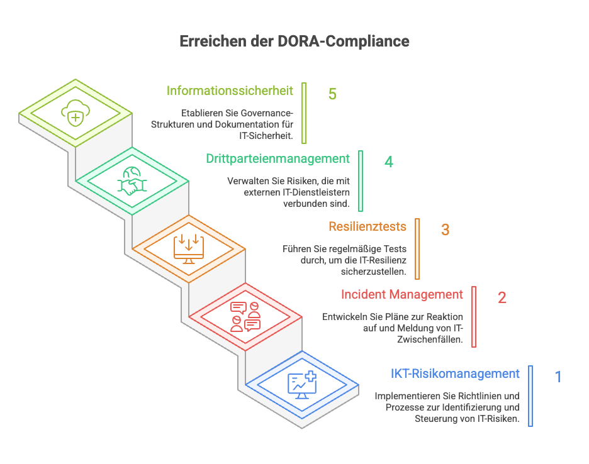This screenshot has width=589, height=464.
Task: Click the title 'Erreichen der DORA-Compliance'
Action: click(x=294, y=41)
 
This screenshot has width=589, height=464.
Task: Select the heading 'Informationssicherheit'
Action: click(x=230, y=91)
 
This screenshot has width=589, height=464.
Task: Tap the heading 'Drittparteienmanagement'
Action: click(x=278, y=158)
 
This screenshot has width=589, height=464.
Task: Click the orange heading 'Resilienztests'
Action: click(x=367, y=226)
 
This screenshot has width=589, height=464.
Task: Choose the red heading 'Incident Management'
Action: click(x=401, y=294)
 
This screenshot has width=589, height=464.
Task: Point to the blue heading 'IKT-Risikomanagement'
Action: click(x=455, y=373)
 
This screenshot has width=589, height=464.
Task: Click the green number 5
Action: click(x=332, y=94)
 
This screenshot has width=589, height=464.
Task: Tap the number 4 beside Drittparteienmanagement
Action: click(x=389, y=162)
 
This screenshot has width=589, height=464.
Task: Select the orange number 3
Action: click(x=445, y=229)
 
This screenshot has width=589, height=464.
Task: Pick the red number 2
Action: click(x=502, y=297)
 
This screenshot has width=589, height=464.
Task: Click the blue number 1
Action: click(x=558, y=377)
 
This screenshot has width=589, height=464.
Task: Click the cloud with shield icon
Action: click(x=75, y=114)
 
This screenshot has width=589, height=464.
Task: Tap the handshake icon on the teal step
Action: click(x=132, y=181)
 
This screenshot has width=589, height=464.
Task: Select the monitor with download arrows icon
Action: click(x=188, y=248)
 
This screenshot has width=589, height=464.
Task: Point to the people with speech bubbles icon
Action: click(x=245, y=316)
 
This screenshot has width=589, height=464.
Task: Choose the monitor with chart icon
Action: click(x=301, y=384)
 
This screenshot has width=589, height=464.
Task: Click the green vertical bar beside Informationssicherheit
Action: click(x=304, y=113)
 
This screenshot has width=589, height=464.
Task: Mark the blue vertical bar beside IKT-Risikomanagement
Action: click(x=530, y=395)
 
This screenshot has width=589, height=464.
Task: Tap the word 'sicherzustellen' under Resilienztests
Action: click(x=373, y=272)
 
